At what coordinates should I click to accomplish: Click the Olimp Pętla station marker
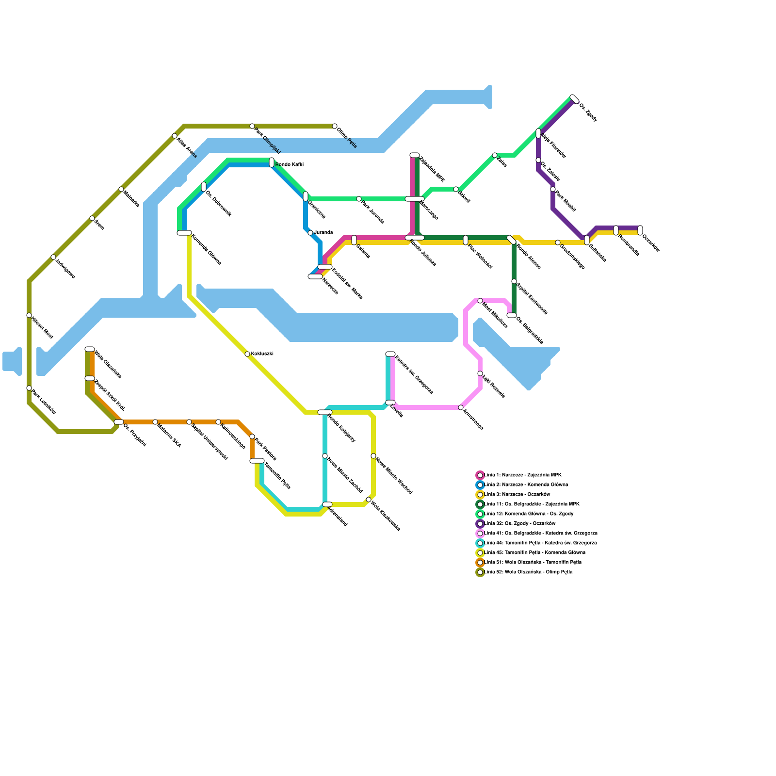(335, 126)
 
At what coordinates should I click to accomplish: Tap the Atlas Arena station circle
(175, 136)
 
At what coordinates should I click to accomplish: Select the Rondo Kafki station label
(289, 165)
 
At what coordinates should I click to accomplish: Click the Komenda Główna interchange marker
(184, 233)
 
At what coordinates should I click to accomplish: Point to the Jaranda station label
(323, 233)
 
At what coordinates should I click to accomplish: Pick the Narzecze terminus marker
(315, 276)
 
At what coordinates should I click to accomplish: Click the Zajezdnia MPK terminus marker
(415, 155)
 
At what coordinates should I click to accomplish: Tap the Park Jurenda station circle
(359, 199)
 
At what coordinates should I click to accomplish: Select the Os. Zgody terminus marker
(575, 99)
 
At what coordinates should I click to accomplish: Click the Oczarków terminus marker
(640, 230)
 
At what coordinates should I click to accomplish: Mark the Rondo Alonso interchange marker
(512, 240)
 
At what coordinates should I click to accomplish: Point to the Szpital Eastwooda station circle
(514, 281)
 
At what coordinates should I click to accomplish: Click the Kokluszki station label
(262, 354)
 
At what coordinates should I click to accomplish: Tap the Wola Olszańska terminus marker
(90, 349)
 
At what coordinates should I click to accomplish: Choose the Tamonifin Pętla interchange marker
(257, 461)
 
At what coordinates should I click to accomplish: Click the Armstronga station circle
(461, 407)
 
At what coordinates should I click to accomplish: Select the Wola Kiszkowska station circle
(369, 500)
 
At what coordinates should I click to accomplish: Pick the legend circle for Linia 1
(480, 475)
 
